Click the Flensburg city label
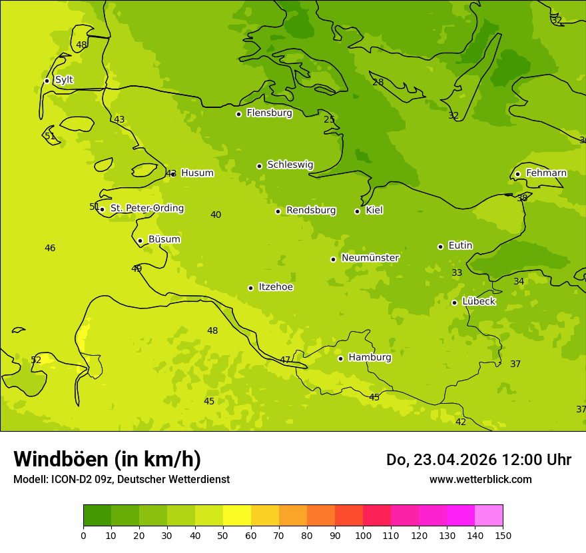[269, 113]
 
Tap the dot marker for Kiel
[357, 211]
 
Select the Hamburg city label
[370, 358]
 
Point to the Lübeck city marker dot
[454, 302]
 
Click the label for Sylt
[64, 80]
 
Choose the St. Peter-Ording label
[146, 209]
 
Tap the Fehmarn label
[546, 173]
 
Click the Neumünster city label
[370, 258]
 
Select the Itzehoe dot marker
[250, 288]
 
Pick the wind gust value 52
[36, 360]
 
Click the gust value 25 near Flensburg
[329, 120]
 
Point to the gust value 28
[378, 83]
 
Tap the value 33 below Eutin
[457, 273]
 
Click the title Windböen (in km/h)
[107, 459]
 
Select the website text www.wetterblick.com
[480, 480]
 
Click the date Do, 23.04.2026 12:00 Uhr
[478, 460]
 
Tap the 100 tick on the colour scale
[363, 535]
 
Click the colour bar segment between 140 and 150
[489, 516]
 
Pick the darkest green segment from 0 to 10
[97, 516]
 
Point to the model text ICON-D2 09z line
[121, 480]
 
